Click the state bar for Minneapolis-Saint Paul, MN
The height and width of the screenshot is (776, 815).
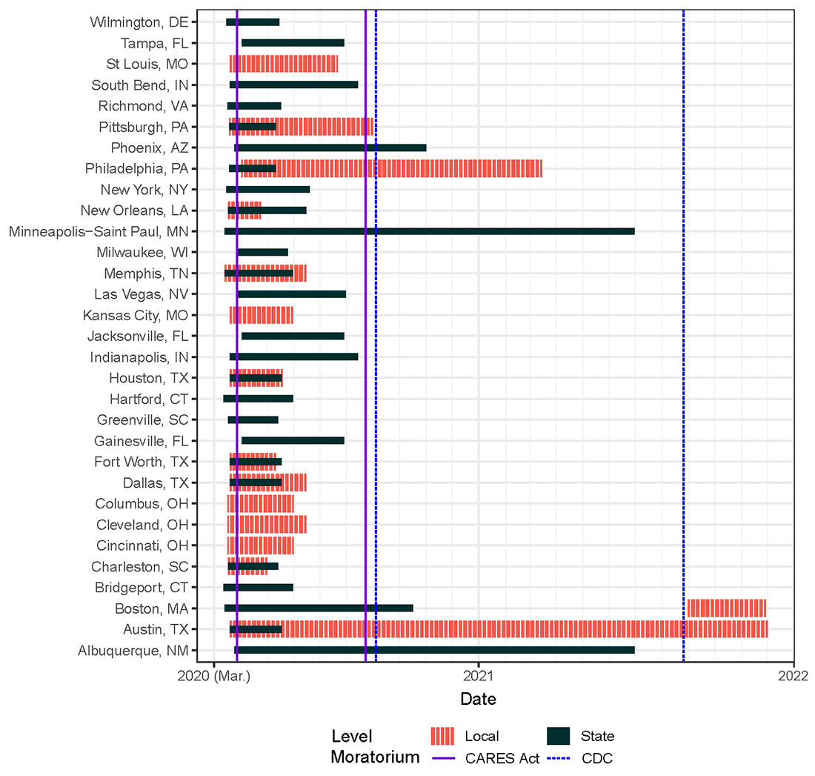[430, 231]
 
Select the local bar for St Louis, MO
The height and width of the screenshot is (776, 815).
[284, 64]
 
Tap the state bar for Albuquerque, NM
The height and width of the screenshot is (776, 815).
[434, 650]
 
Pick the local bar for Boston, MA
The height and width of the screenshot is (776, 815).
[726, 608]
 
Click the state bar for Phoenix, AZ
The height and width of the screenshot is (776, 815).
[330, 147]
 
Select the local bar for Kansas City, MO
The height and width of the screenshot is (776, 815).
[262, 315]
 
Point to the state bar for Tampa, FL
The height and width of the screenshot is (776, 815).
[293, 42]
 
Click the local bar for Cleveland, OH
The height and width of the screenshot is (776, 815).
[267, 525]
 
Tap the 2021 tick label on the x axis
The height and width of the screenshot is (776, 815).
[479, 675]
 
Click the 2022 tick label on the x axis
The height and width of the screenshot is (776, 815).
[793, 675]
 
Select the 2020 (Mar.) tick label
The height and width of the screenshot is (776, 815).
[213, 675]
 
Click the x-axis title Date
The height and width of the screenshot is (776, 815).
[478, 699]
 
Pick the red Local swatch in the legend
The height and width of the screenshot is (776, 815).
[442, 736]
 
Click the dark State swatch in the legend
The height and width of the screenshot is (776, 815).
[558, 736]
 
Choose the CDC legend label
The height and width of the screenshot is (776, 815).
[597, 758]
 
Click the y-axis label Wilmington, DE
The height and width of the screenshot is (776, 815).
[139, 21]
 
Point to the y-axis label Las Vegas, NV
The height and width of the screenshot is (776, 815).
[141, 294]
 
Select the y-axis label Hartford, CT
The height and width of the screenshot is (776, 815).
[149, 399]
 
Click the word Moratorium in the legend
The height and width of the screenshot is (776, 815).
[375, 757]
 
